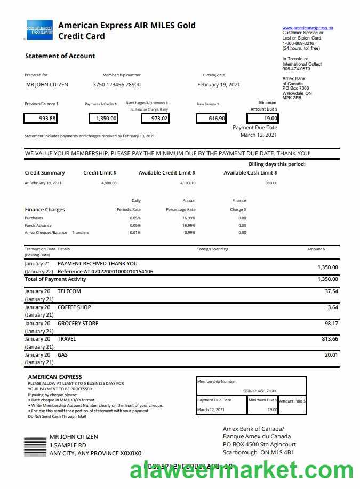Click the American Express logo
tap(39, 30)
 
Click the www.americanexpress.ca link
tap(308, 27)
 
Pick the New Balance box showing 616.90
tap(211, 119)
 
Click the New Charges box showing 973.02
tap(155, 119)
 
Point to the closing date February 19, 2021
tap(219, 85)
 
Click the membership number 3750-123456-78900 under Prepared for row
tap(117, 85)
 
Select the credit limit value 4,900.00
tap(108, 183)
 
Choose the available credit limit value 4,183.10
tap(188, 183)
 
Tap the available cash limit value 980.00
tap(271, 183)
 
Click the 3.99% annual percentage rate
tap(189, 232)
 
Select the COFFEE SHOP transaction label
tap(74, 307)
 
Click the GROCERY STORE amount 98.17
tap(331, 324)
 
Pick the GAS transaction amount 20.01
tap(331, 355)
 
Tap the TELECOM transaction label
tap(69, 291)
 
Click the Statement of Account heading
tap(60, 56)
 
